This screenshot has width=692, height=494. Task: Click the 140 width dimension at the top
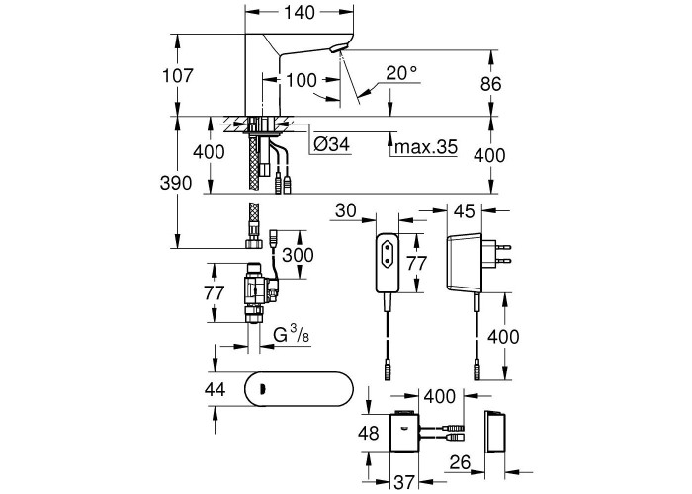[299, 12]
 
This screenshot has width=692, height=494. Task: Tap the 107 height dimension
[178, 75]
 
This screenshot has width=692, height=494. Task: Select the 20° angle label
[401, 73]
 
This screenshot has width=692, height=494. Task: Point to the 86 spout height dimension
[491, 83]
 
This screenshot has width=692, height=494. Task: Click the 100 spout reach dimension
[302, 80]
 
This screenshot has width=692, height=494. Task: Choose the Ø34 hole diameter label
[331, 144]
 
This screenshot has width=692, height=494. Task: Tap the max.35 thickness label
[426, 146]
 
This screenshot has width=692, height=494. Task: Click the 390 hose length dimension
[176, 183]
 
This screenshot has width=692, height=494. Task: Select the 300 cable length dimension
[298, 255]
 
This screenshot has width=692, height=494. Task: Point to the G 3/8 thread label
[292, 336]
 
